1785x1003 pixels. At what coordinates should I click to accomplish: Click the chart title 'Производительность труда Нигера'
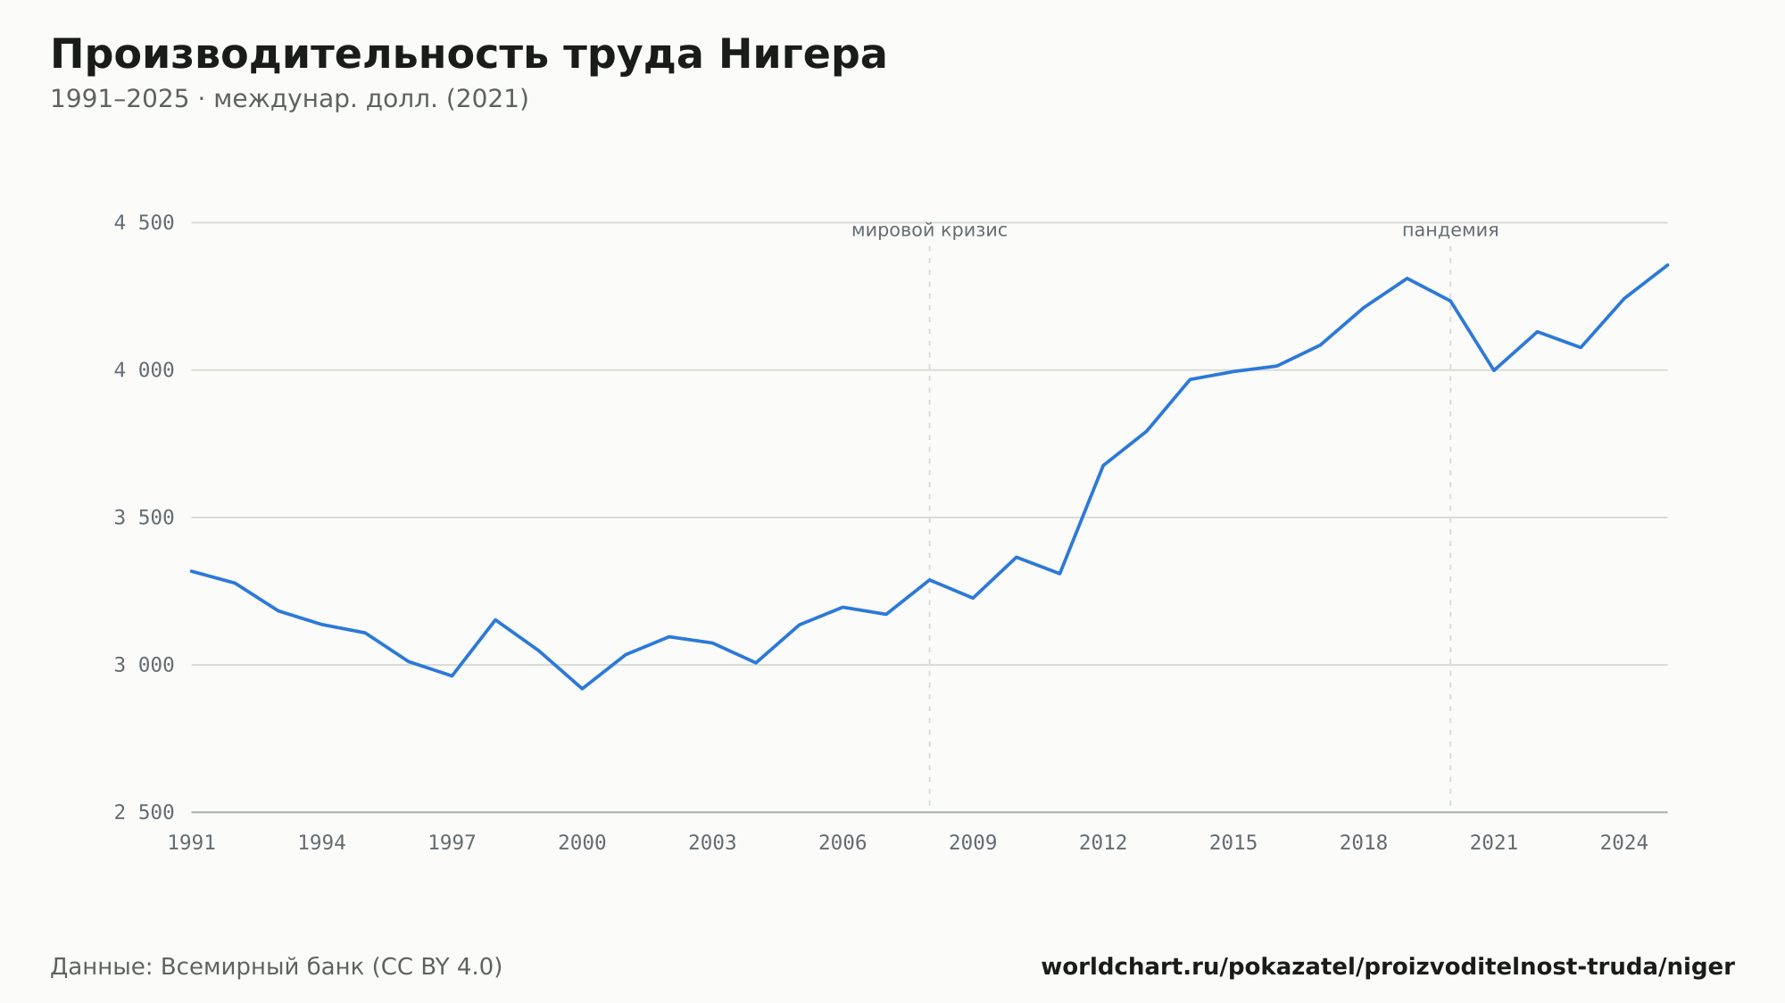tap(469, 55)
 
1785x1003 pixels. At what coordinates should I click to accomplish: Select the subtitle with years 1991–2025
tap(289, 99)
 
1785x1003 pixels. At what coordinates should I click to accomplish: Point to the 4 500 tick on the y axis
tap(144, 223)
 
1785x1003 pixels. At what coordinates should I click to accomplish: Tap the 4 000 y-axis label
tap(144, 370)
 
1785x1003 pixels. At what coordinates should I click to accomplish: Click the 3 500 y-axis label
tap(144, 518)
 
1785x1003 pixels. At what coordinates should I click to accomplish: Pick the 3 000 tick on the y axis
tap(144, 665)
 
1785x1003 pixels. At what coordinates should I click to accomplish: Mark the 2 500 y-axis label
tap(144, 812)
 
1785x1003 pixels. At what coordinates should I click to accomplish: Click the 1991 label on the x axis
tap(192, 843)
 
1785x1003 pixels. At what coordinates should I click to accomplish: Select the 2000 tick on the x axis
tap(582, 843)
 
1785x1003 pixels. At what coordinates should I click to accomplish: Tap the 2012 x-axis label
tap(1103, 843)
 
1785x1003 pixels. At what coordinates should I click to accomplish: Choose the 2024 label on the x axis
tap(1624, 843)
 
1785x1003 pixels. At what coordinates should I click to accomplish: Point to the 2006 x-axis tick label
tap(843, 843)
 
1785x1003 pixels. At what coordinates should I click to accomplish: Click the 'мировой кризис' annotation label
tap(929, 230)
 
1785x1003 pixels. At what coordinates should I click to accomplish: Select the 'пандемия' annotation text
tap(1450, 230)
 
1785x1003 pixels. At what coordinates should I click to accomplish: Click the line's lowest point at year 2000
tap(582, 689)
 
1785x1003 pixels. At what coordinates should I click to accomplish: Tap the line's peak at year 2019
tap(1407, 278)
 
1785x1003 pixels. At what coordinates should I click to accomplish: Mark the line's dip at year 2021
tap(1494, 370)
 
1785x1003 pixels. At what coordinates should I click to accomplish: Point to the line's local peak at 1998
tap(495, 619)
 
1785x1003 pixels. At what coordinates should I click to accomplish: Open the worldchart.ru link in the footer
tap(1388, 967)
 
